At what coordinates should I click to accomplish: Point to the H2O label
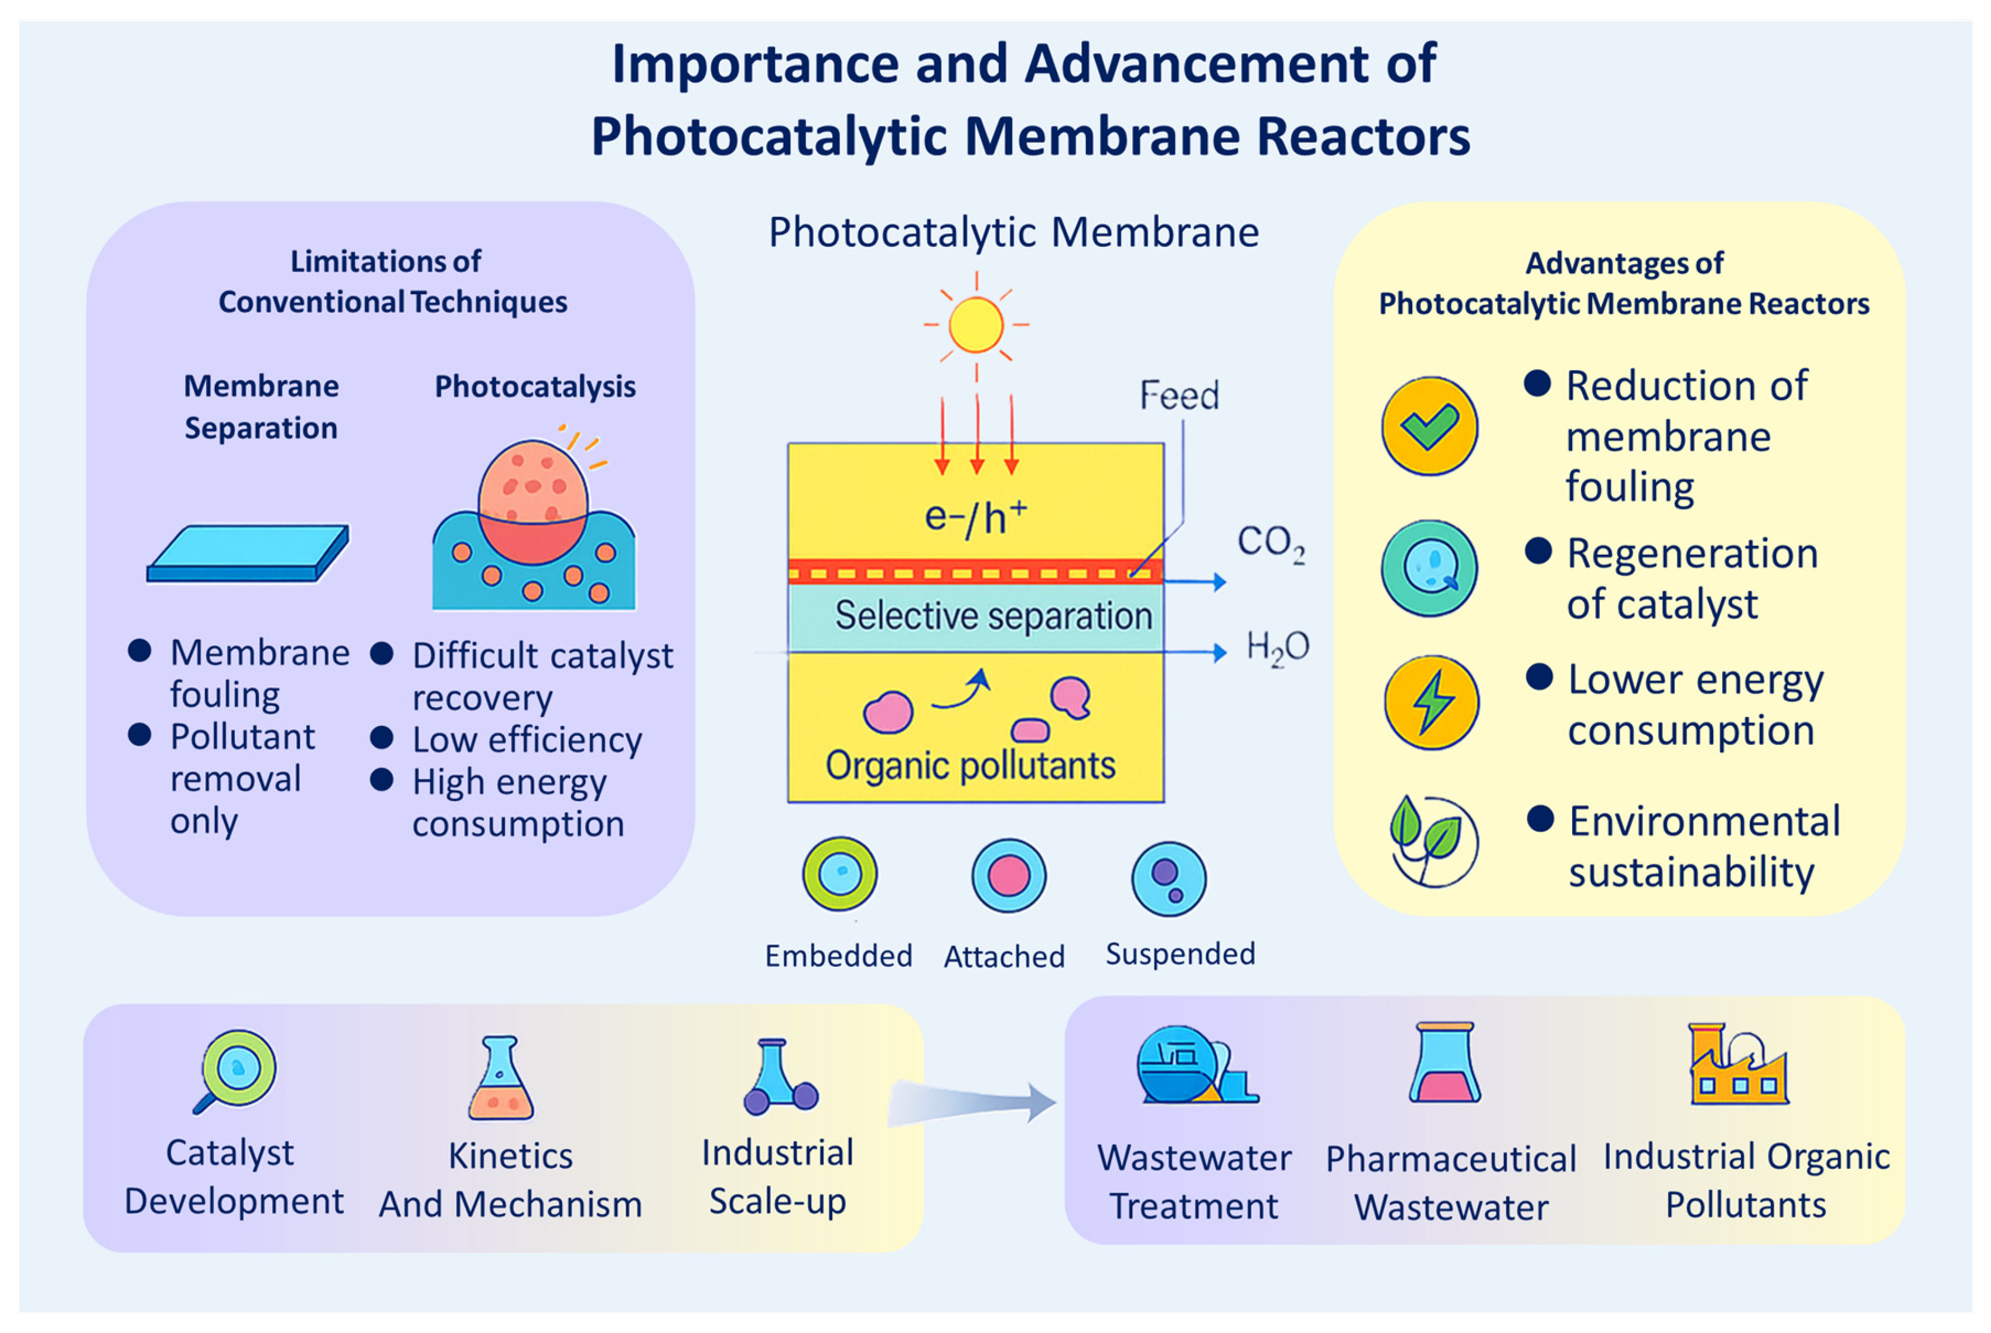tap(1277, 648)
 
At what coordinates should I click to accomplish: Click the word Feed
tap(1179, 396)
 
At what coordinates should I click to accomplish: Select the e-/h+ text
tap(975, 517)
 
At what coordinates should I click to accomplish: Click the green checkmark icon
tap(1429, 426)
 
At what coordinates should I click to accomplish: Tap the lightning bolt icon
tap(1431, 702)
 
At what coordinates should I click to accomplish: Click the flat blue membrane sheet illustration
tap(247, 554)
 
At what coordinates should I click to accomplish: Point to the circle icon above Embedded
tap(839, 874)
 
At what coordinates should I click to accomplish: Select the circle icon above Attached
tap(1009, 875)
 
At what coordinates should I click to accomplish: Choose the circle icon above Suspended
tap(1169, 879)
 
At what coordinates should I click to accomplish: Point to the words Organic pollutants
tap(971, 766)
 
